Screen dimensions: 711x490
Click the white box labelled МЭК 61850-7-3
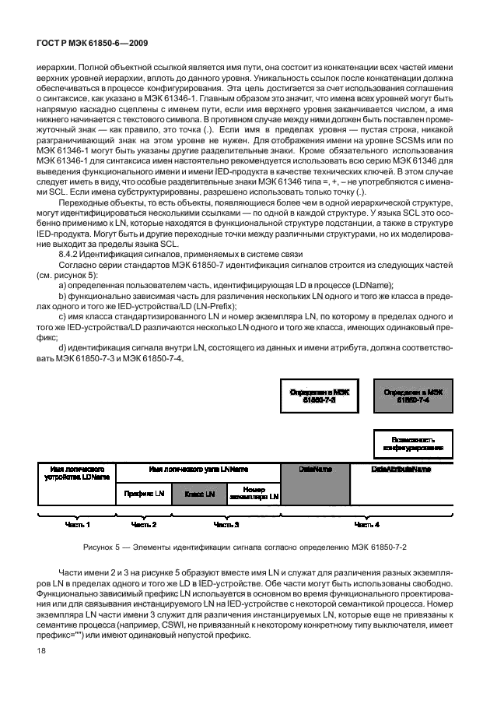[x=318, y=396]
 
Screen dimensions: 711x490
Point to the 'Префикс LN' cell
[x=144, y=494]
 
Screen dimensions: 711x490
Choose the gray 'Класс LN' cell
[x=199, y=494]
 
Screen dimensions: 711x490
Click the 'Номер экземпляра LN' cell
[x=254, y=494]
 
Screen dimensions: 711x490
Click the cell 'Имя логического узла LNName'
[x=198, y=470]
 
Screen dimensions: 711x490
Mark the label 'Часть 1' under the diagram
[x=77, y=525]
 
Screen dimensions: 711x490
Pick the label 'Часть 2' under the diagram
[x=144, y=525]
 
